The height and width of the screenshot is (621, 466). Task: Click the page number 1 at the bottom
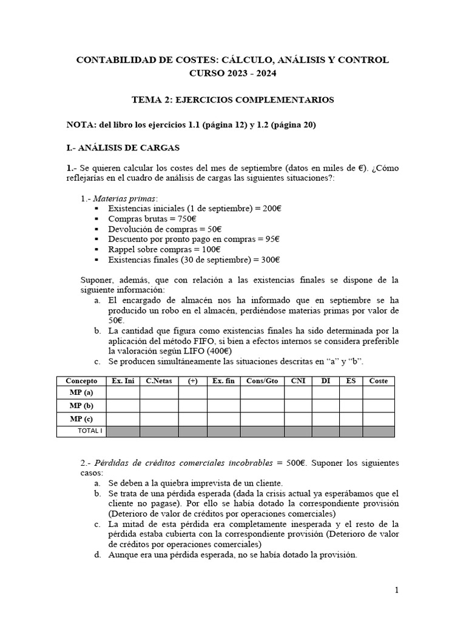pos(396,590)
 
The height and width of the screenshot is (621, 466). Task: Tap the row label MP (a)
pos(81,393)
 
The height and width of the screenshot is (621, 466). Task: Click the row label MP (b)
pos(81,406)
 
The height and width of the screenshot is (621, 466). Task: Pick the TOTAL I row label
pos(90,431)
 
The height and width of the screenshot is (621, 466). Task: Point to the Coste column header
pos(378,380)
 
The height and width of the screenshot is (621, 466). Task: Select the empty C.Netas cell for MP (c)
pos(159,419)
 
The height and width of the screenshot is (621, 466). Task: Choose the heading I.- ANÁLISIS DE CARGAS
pos(123,147)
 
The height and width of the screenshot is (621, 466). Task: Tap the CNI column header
pos(297,380)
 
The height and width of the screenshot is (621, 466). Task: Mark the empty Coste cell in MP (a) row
pos(378,393)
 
